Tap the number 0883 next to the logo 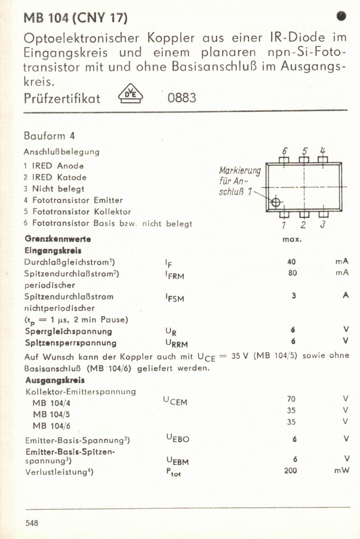coord(182,98)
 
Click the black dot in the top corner coord(341,16)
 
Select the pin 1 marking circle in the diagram coord(276,202)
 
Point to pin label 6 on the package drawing coord(284,150)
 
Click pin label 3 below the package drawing coord(323,225)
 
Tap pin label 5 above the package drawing coord(305,150)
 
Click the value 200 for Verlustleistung coord(290,470)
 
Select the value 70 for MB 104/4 coord(291,399)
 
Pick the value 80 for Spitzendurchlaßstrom coord(292,273)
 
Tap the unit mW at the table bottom coord(342,470)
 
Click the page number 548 coord(32,523)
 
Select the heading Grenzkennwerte coord(58,239)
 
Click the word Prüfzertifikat coord(62,98)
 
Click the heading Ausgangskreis coord(55,380)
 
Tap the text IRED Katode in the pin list coord(59,177)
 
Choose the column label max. coord(292,239)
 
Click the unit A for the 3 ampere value coord(345,295)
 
